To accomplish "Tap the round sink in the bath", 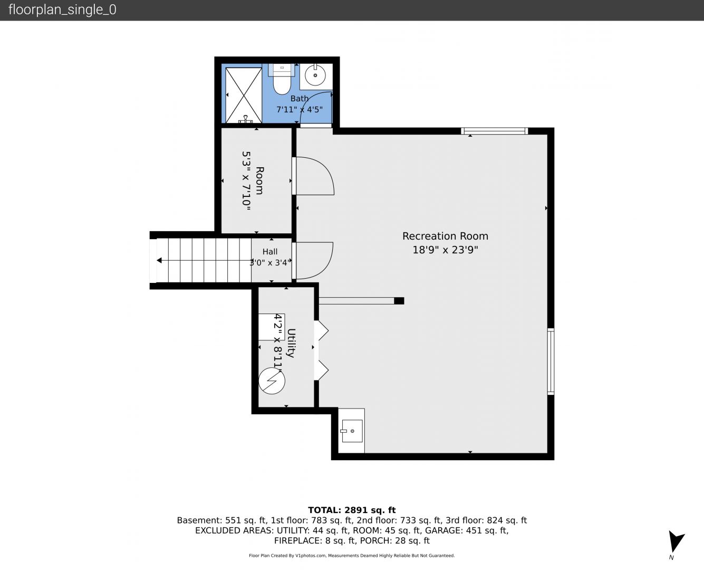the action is coord(315,75).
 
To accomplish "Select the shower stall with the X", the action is coord(244,96).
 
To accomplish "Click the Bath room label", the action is coord(300,99).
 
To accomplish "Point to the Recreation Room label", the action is coord(445,236).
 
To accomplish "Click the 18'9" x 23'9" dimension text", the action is coord(445,250).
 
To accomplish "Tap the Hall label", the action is coord(269,252).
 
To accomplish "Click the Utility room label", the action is coord(291,343).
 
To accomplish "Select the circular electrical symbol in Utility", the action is coord(272,381).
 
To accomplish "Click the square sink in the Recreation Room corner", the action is coord(352,431).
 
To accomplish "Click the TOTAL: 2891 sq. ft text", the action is coord(352,510).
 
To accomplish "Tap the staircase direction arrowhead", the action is coord(159,261).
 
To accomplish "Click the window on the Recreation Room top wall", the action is coord(495,131).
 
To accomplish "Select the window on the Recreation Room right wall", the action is coord(551,361).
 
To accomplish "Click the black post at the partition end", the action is coord(399,301).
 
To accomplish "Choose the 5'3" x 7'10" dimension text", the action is coord(246,180).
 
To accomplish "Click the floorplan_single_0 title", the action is coord(62,10).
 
